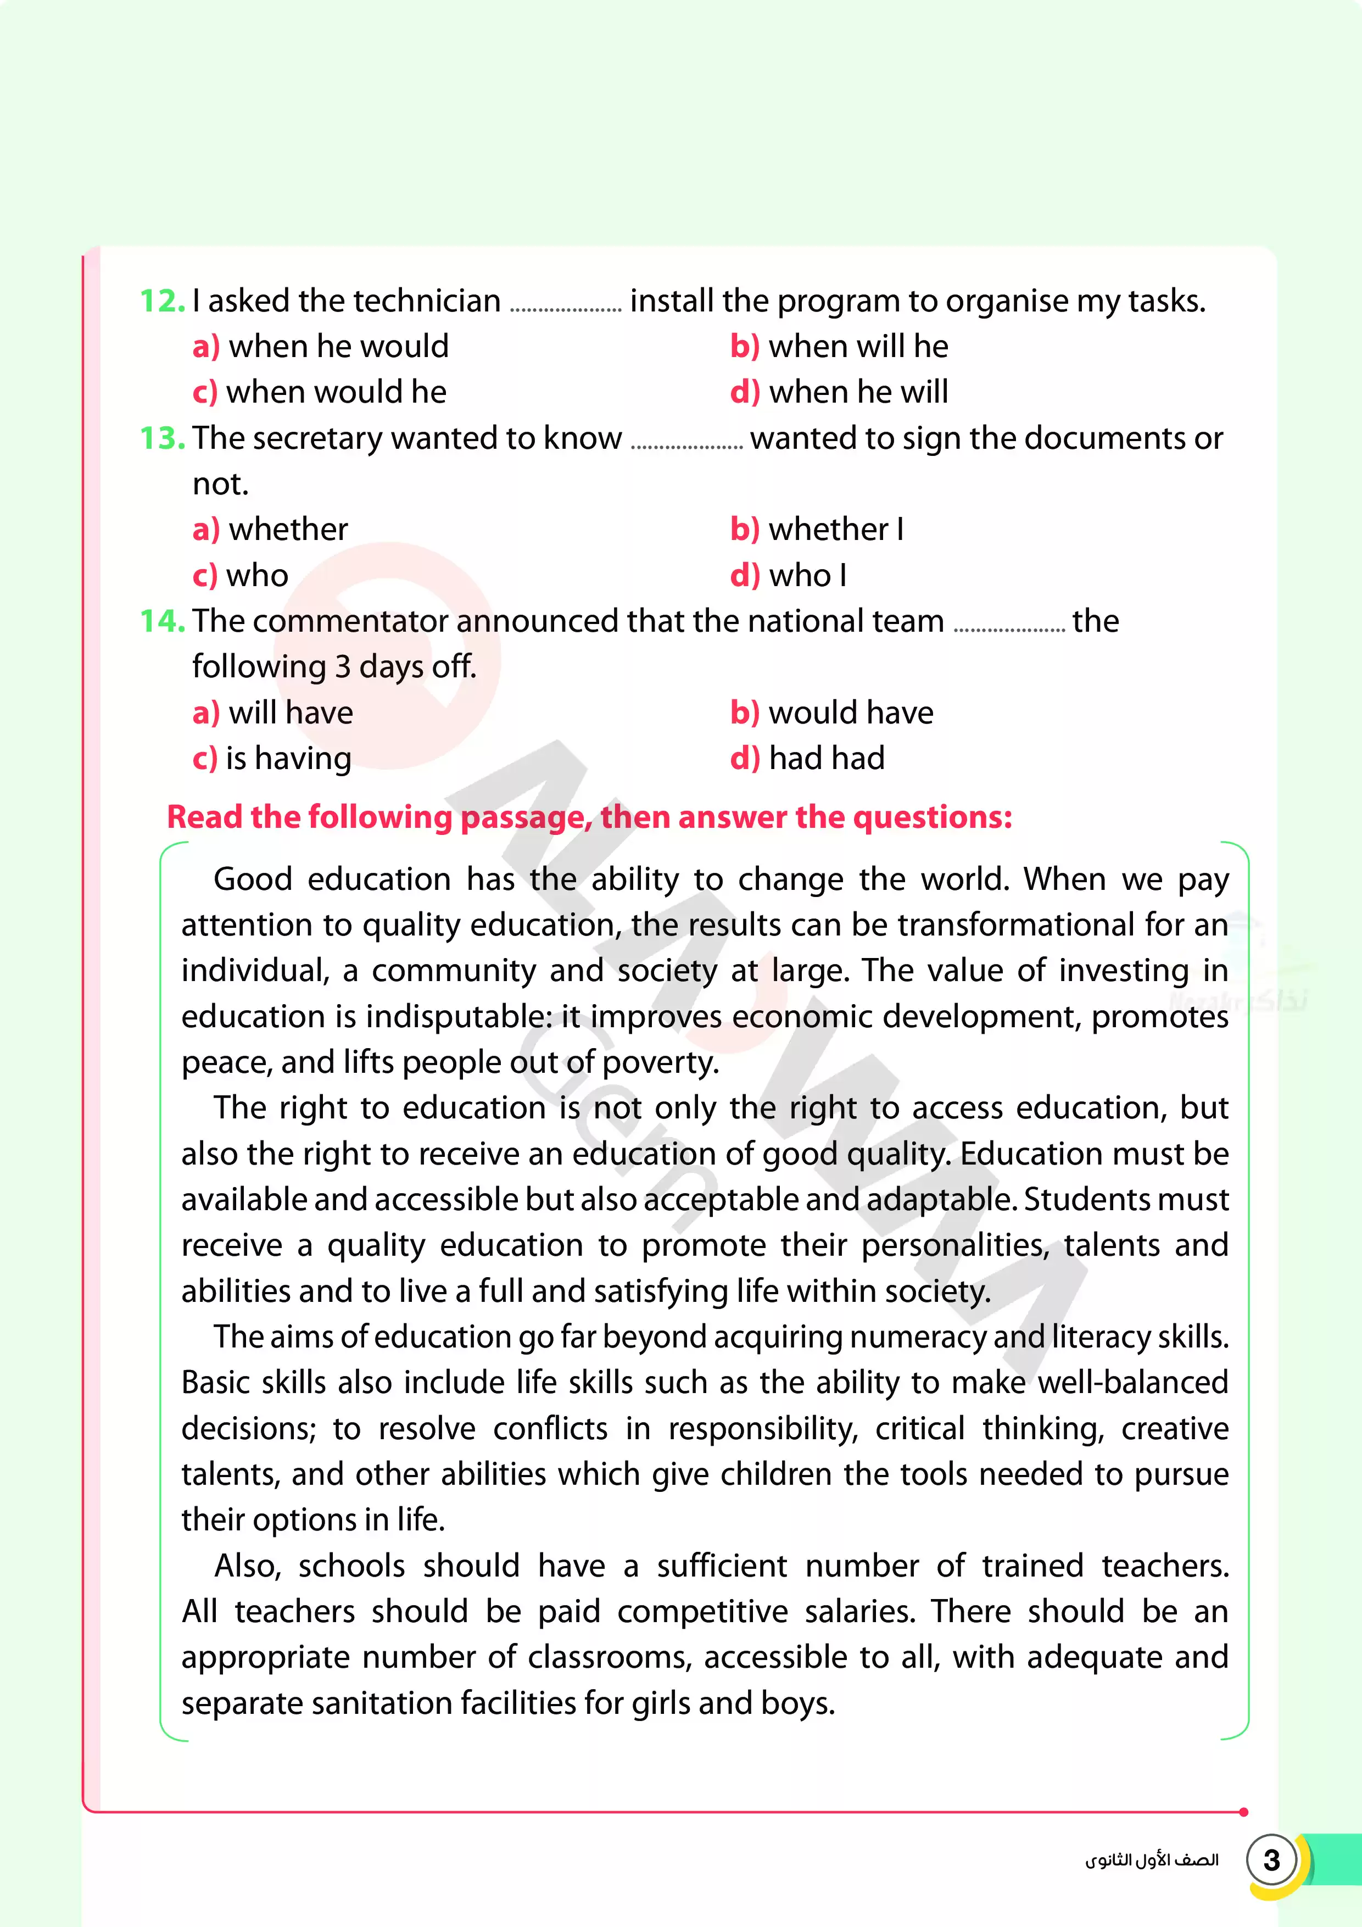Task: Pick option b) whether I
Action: pos(817,530)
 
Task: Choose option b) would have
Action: pos(831,712)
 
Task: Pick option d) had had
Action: pos(807,759)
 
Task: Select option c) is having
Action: pos(272,759)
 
